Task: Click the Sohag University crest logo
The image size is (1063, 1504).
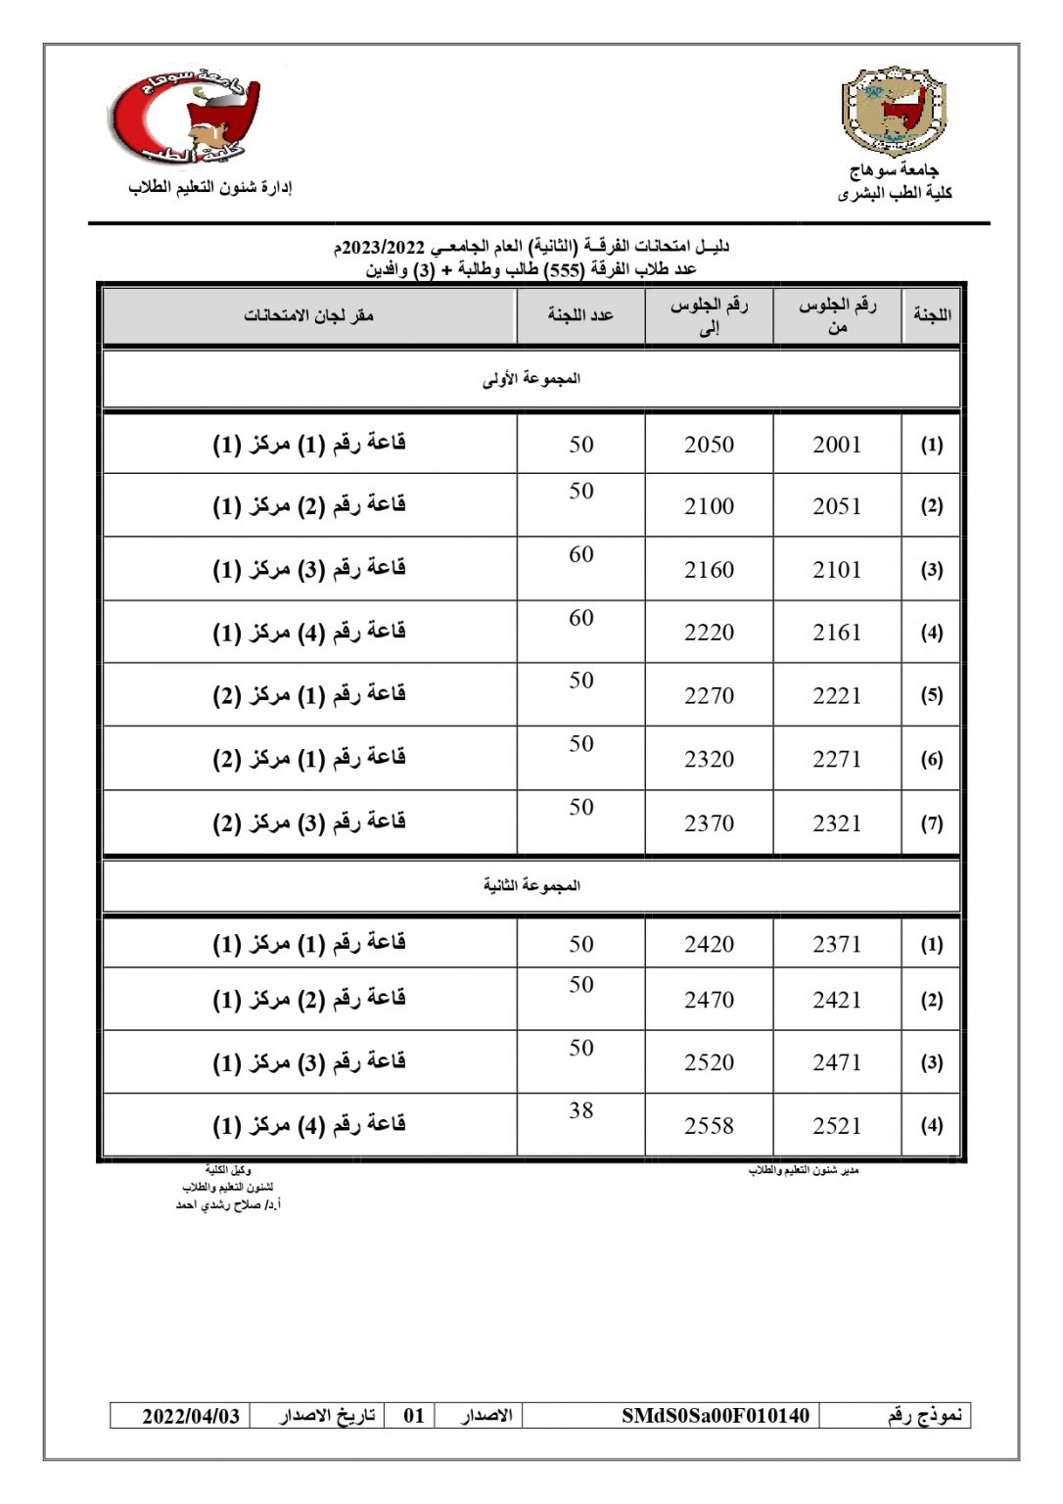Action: pyautogui.click(x=894, y=111)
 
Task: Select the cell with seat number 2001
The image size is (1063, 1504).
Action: pyautogui.click(x=837, y=445)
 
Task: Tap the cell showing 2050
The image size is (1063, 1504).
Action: pyautogui.click(x=709, y=445)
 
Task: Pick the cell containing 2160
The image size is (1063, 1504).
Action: pyautogui.click(x=709, y=570)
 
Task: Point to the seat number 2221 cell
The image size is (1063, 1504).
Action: pyautogui.click(x=837, y=696)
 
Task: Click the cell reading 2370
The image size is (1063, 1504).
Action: pyautogui.click(x=709, y=823)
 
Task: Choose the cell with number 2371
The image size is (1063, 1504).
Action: pyautogui.click(x=837, y=944)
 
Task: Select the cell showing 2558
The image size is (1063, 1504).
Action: pyautogui.click(x=709, y=1126)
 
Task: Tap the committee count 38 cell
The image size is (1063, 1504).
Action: pyautogui.click(x=581, y=1110)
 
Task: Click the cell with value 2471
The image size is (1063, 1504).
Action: pyautogui.click(x=837, y=1062)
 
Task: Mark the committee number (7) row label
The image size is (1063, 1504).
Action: pyautogui.click(x=931, y=823)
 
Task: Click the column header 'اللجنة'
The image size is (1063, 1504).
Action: pyautogui.click(x=931, y=315)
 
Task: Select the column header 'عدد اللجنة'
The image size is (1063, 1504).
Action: pyautogui.click(x=580, y=315)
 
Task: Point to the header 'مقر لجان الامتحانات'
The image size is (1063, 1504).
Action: pyautogui.click(x=309, y=315)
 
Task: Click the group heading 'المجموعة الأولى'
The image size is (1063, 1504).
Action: pyautogui.click(x=531, y=379)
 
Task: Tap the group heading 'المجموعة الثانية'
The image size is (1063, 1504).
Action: pyautogui.click(x=531, y=886)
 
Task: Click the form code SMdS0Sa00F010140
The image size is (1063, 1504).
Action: pyautogui.click(x=716, y=1416)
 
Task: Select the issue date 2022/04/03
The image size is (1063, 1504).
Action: pyautogui.click(x=191, y=1416)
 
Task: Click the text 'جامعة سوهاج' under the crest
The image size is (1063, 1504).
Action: pyautogui.click(x=895, y=170)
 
